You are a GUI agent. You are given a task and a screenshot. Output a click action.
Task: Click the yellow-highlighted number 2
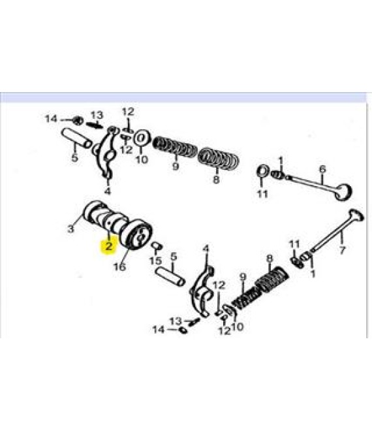(109, 246)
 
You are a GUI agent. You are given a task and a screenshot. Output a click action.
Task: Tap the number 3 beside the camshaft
(71, 229)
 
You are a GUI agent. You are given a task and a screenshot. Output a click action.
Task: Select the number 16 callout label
(120, 266)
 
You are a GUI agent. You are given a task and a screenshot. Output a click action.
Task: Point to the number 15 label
(155, 261)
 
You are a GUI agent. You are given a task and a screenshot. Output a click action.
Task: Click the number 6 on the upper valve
(322, 168)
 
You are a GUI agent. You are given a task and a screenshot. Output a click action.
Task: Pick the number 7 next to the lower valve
(342, 250)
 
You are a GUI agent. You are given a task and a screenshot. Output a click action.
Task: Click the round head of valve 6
(344, 191)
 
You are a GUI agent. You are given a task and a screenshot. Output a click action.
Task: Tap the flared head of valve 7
(356, 217)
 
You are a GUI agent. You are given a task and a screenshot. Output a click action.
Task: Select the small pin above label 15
(157, 246)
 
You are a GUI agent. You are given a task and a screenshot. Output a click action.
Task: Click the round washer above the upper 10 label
(142, 138)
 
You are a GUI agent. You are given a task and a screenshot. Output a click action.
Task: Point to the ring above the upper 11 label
(263, 172)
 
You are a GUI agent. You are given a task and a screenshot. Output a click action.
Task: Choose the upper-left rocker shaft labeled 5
(76, 139)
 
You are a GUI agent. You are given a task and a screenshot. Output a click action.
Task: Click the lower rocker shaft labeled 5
(170, 277)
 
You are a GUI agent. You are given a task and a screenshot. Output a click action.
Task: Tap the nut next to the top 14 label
(79, 120)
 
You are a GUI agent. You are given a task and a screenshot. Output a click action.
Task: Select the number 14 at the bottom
(159, 329)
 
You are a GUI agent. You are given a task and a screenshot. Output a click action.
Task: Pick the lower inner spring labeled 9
(246, 297)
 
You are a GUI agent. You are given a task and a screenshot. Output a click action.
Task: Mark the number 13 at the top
(97, 115)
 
